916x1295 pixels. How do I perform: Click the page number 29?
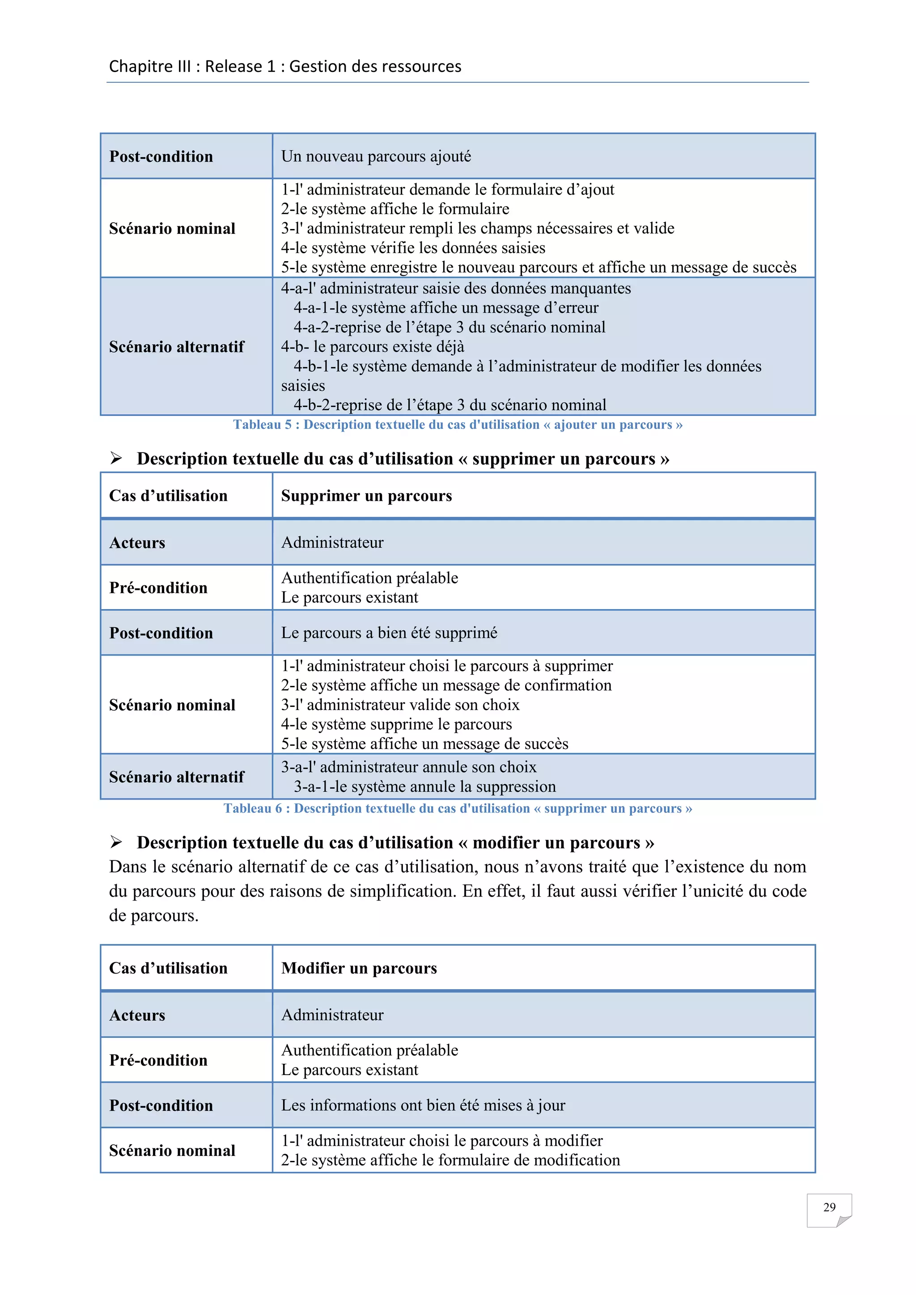coord(829,1207)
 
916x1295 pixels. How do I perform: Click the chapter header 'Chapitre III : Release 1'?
coord(285,67)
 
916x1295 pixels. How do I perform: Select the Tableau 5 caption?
coord(458,425)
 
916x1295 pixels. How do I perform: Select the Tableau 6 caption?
coord(458,808)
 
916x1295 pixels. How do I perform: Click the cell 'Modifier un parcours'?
coord(359,968)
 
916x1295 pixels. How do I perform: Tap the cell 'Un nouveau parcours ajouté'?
coord(376,156)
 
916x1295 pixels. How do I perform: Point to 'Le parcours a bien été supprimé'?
coord(389,633)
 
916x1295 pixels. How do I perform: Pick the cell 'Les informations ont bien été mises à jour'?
coord(423,1105)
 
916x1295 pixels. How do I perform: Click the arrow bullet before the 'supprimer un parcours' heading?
coord(116,458)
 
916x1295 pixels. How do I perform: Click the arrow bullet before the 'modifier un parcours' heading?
coord(116,842)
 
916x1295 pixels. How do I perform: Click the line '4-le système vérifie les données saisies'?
coord(413,248)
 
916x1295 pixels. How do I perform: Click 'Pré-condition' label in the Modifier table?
coord(158,1060)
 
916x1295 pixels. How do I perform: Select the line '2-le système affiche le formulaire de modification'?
coord(450,1160)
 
